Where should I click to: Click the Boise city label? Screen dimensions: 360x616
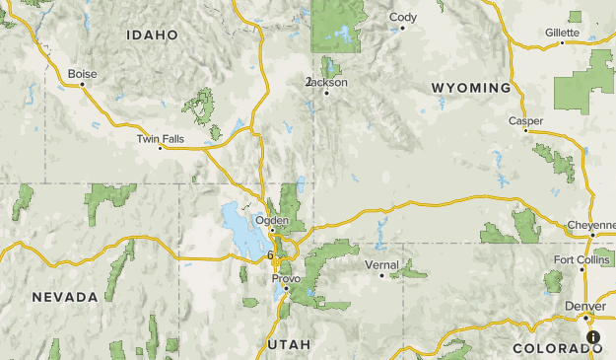(x=83, y=73)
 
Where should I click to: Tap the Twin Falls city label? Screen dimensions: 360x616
(x=160, y=139)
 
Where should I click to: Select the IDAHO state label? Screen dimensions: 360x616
(x=153, y=35)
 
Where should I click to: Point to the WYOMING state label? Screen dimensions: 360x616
(x=471, y=88)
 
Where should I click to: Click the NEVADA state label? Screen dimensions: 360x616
(x=64, y=297)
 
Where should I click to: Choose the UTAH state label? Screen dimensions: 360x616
(x=289, y=344)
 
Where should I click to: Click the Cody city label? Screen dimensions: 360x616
(x=403, y=17)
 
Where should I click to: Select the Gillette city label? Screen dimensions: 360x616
(x=562, y=33)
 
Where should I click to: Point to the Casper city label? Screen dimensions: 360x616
(x=525, y=120)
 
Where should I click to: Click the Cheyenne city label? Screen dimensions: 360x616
(x=591, y=225)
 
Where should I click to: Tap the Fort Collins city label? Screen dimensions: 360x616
(x=582, y=259)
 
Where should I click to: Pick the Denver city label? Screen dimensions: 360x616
(x=585, y=306)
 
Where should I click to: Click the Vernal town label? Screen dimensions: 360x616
(x=381, y=264)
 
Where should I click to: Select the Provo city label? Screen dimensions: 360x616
(x=286, y=278)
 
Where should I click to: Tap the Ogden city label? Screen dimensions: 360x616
(x=271, y=220)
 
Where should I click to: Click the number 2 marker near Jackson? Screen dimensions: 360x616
(x=308, y=81)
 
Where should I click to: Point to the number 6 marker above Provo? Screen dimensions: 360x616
(x=270, y=254)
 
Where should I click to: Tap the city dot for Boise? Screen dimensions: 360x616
(x=83, y=84)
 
